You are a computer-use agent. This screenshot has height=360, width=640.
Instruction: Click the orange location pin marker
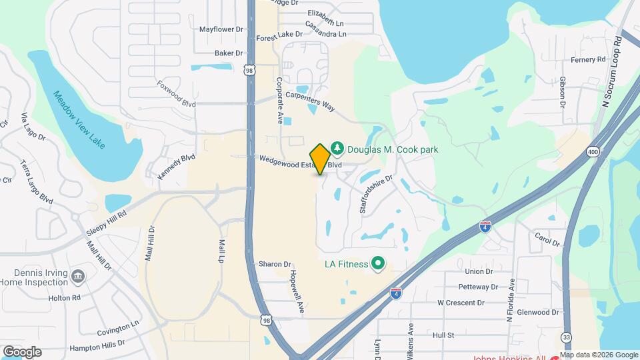click(x=321, y=159)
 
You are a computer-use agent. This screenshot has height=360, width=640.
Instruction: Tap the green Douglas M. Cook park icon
click(x=338, y=148)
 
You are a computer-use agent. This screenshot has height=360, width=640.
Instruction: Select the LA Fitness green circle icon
click(x=378, y=264)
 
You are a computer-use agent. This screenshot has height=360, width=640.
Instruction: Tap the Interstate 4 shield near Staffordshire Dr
click(x=485, y=227)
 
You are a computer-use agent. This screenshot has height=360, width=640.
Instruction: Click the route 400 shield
click(x=593, y=153)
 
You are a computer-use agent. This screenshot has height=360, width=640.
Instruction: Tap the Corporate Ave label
click(x=281, y=100)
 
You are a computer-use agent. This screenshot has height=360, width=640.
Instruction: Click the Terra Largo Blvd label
click(x=37, y=181)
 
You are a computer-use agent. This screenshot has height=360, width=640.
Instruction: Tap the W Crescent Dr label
click(x=460, y=302)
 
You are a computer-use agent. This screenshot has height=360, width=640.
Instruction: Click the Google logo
click(x=23, y=351)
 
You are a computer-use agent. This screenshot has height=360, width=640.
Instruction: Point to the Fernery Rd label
click(x=587, y=59)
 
